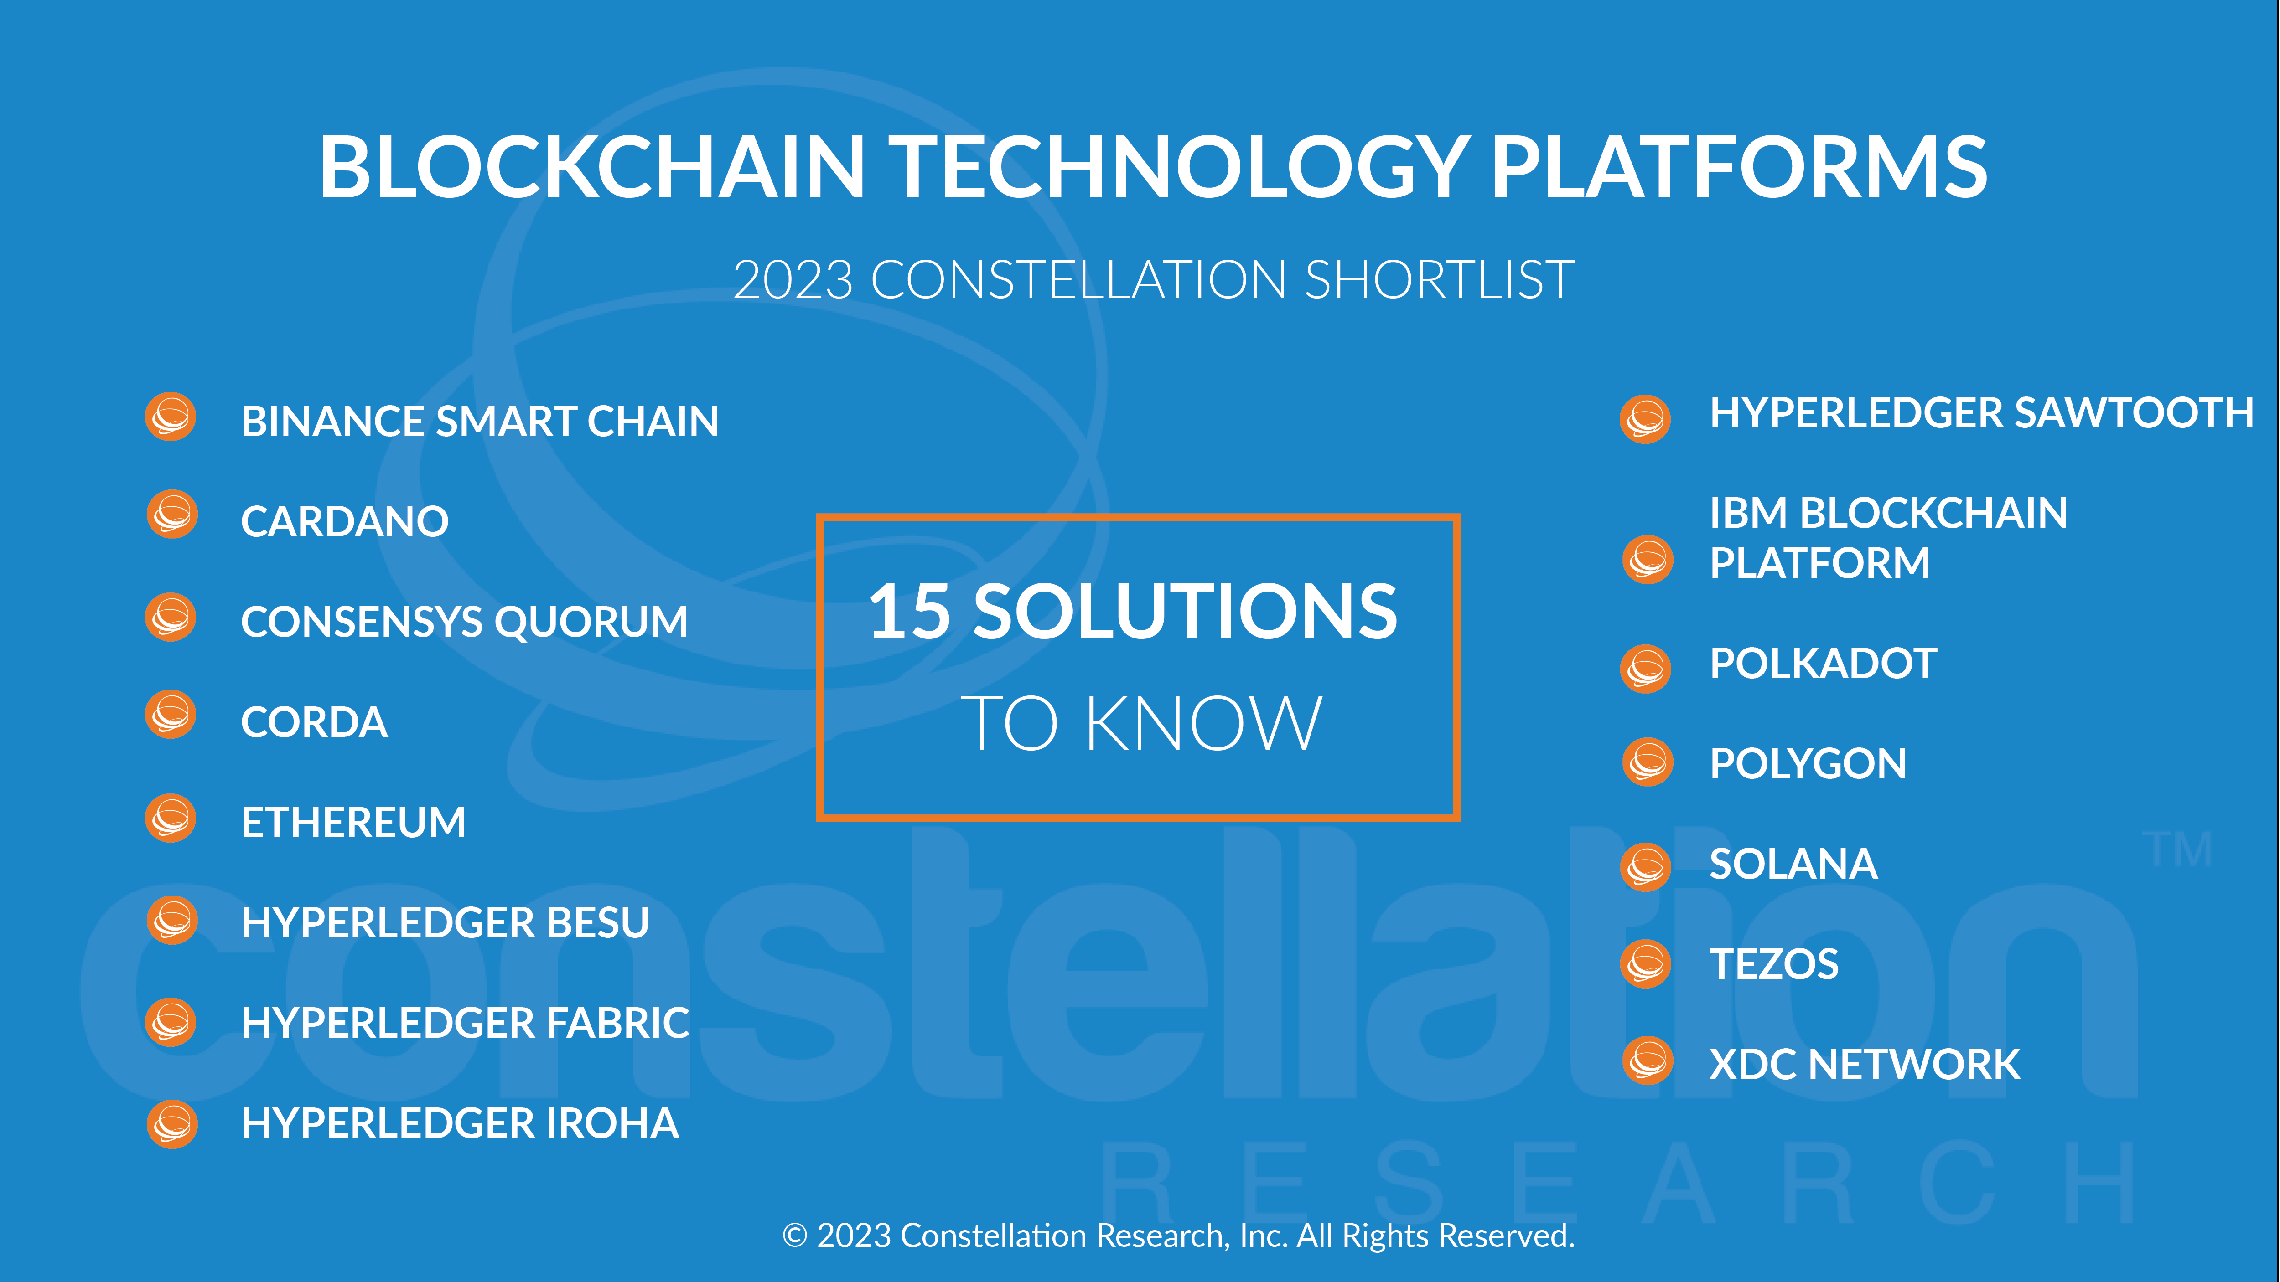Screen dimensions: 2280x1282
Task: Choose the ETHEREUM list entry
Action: pos(353,822)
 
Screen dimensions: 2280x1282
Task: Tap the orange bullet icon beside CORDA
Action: pos(171,714)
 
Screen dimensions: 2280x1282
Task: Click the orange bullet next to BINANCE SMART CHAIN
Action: pos(171,417)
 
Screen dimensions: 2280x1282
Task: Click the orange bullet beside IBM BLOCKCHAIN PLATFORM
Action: pos(1647,559)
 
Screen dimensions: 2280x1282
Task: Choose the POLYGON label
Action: pos(1808,763)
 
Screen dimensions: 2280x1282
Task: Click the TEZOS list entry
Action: pos(1774,963)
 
